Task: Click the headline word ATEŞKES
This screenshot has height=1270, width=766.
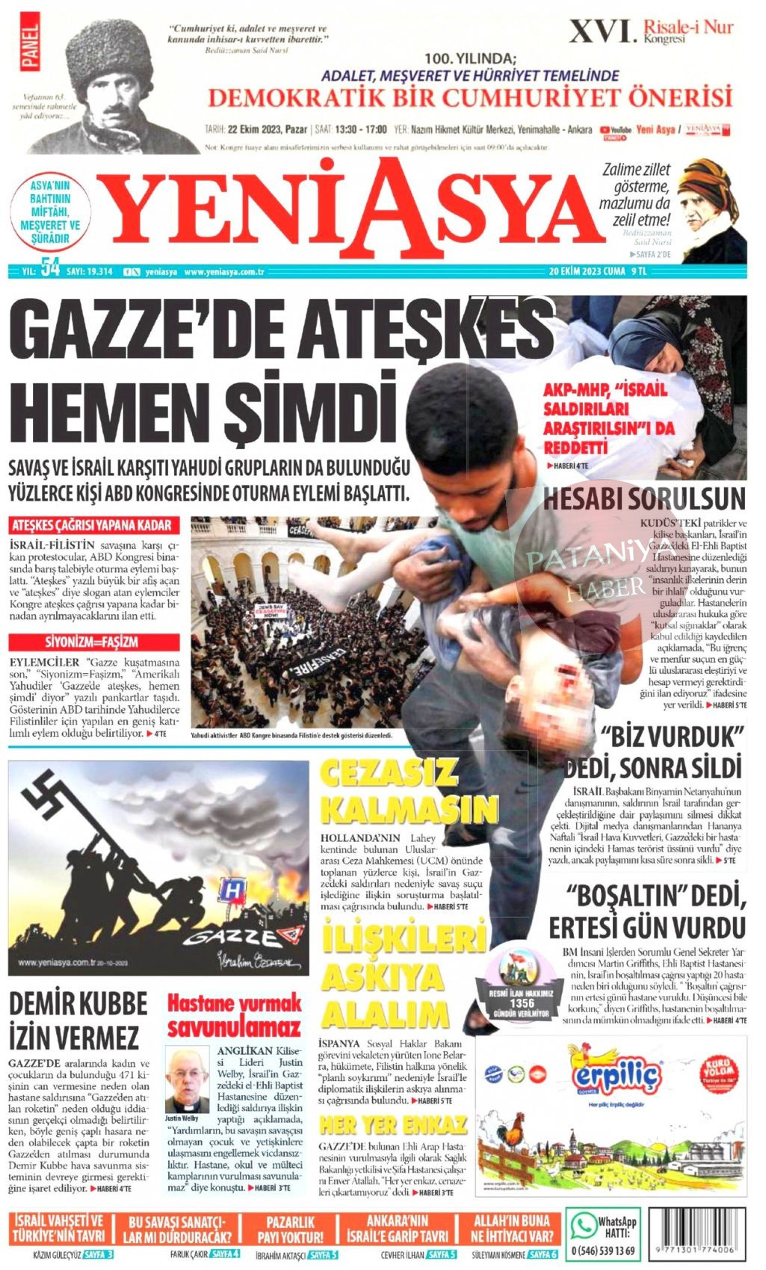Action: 430,329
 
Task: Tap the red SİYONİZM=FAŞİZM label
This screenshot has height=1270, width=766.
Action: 93,642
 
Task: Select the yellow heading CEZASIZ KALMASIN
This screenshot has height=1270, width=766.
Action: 407,792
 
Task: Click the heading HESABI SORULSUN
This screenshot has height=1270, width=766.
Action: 644,499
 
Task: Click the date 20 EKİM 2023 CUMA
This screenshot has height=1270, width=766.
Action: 587,272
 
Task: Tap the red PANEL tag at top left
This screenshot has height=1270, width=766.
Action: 31,46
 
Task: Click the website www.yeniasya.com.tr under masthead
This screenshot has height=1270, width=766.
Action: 225,272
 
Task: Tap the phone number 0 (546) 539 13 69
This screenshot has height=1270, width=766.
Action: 602,1250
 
